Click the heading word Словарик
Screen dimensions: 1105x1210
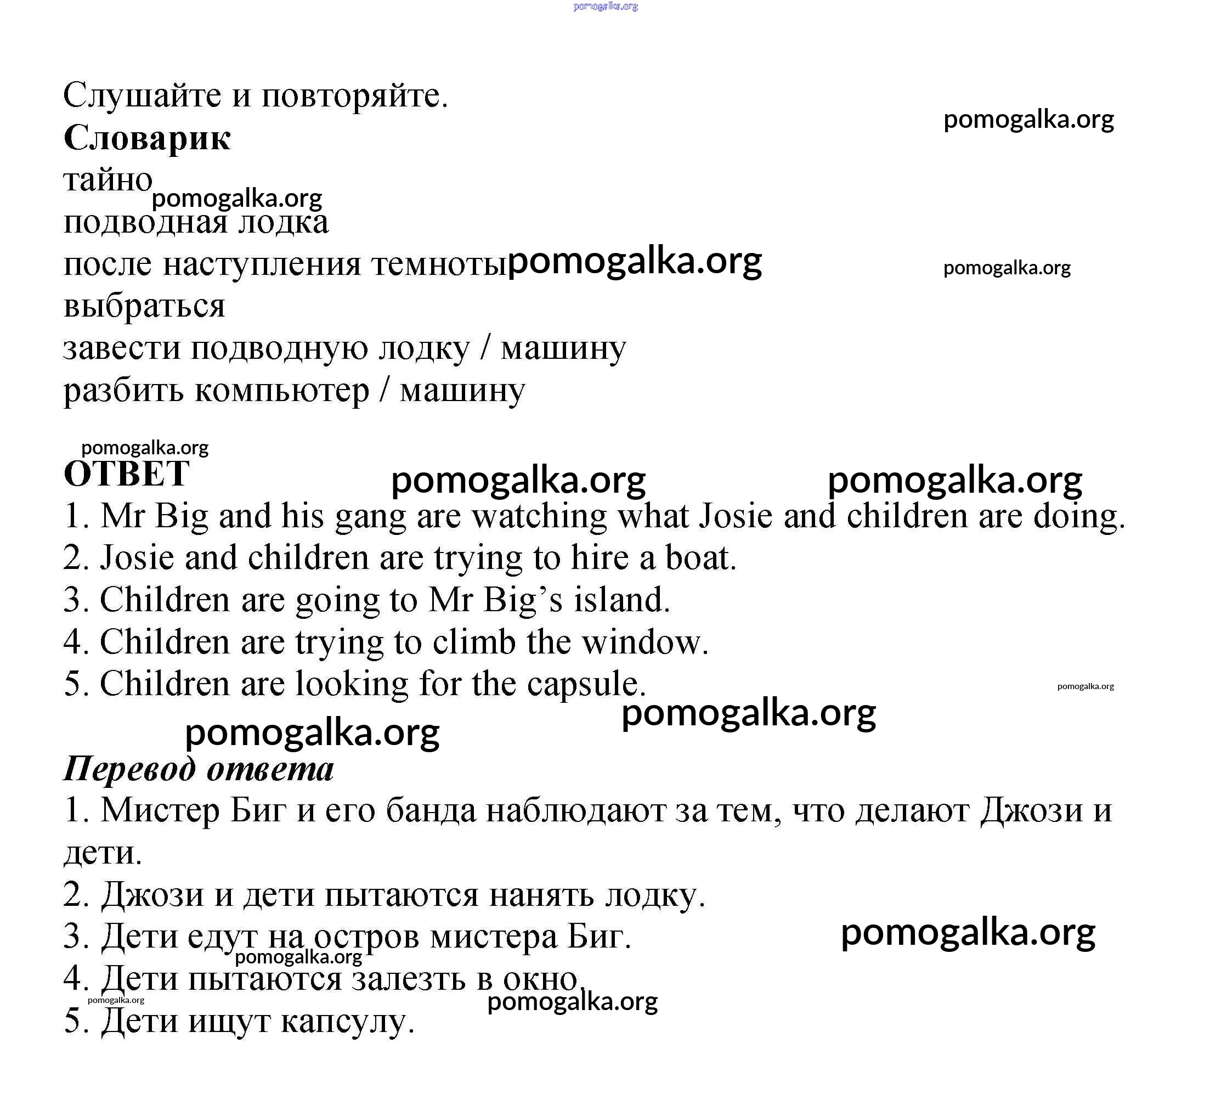click(147, 138)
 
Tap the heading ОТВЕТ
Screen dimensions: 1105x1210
click(127, 473)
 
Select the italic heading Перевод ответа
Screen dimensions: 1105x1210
click(199, 769)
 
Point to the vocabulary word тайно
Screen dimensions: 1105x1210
click(108, 179)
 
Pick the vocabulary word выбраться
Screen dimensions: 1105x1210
click(144, 306)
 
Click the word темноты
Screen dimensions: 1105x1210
click(439, 264)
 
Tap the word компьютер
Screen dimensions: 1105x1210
click(282, 391)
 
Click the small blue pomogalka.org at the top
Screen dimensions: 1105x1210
click(605, 7)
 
